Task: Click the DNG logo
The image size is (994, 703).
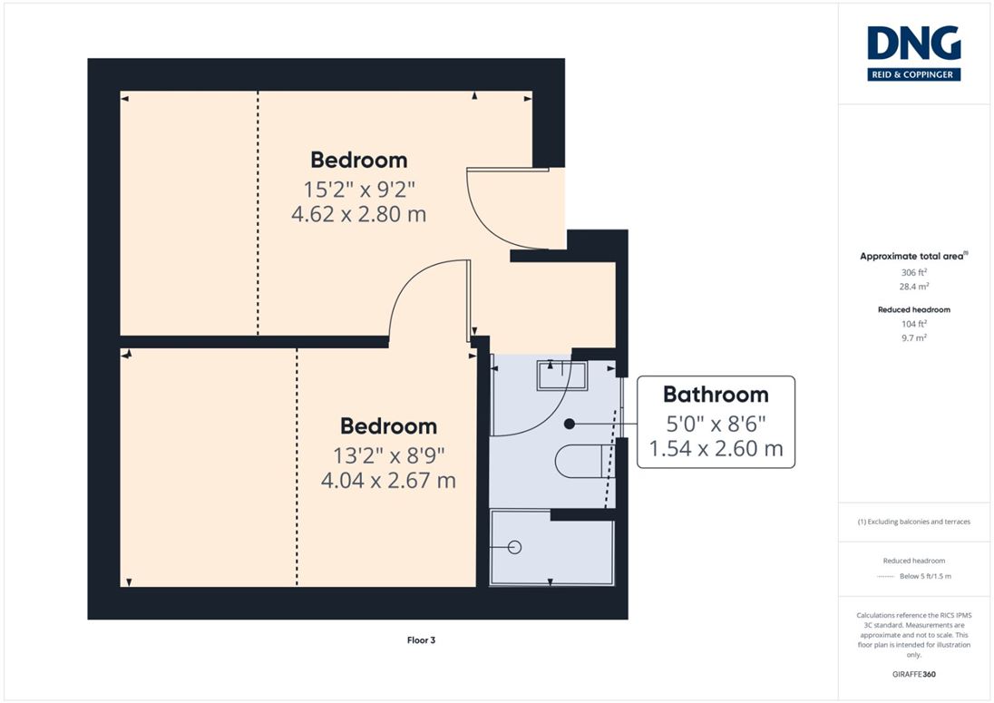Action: tap(913, 54)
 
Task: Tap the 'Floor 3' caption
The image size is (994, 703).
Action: tap(421, 640)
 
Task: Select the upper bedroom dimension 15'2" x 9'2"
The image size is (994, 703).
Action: tap(359, 190)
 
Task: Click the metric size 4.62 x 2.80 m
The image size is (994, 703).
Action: tap(359, 214)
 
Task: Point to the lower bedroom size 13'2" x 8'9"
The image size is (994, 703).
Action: tap(388, 455)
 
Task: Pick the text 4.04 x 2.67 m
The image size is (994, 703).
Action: tap(388, 481)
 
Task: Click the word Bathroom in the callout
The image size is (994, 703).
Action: tap(716, 395)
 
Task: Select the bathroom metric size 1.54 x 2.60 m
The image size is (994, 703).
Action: tap(716, 449)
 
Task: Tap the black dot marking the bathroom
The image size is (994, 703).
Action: tap(570, 424)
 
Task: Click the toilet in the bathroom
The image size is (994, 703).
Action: tap(584, 461)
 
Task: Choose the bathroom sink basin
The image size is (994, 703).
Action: tap(562, 376)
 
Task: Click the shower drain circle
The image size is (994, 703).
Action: tap(515, 547)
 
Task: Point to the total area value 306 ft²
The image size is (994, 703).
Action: tap(914, 272)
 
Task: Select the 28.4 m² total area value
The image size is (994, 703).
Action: tap(914, 287)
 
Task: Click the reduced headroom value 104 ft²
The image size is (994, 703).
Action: tap(914, 324)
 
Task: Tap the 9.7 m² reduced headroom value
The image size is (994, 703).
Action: tap(914, 337)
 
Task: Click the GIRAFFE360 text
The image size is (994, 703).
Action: tap(914, 675)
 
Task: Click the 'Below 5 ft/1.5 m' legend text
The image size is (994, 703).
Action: tap(926, 576)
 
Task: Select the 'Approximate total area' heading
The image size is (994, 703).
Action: tap(911, 256)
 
